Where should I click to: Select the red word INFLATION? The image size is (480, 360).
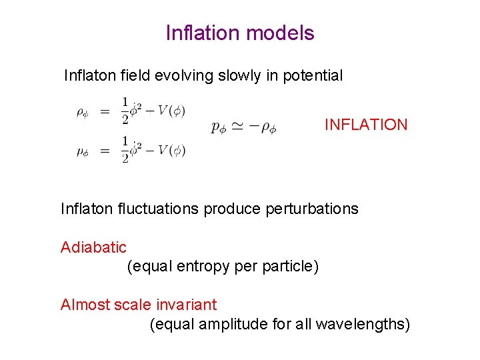click(x=366, y=125)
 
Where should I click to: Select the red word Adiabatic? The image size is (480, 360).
click(x=93, y=247)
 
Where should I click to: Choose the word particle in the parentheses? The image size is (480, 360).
click(x=292, y=267)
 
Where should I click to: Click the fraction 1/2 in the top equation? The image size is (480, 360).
click(x=125, y=110)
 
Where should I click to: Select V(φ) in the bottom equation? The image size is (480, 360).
click(x=171, y=151)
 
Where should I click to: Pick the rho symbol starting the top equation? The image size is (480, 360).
click(x=81, y=112)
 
